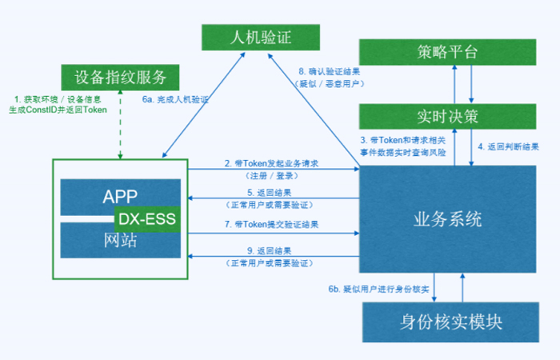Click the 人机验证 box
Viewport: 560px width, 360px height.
pyautogui.click(x=260, y=36)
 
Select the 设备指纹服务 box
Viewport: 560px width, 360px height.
pyautogui.click(x=121, y=78)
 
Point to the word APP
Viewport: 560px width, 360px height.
pyautogui.click(x=122, y=194)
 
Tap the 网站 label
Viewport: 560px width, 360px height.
pyautogui.click(x=122, y=240)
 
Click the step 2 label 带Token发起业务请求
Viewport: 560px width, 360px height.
pyautogui.click(x=272, y=163)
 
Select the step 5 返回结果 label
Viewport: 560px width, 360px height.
pyautogui.click(x=272, y=192)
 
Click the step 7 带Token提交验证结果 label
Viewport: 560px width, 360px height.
pyautogui.click(x=272, y=224)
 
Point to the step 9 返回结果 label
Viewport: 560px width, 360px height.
pyautogui.click(x=272, y=251)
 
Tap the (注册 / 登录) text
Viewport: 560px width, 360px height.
pyautogui.click(x=272, y=174)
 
